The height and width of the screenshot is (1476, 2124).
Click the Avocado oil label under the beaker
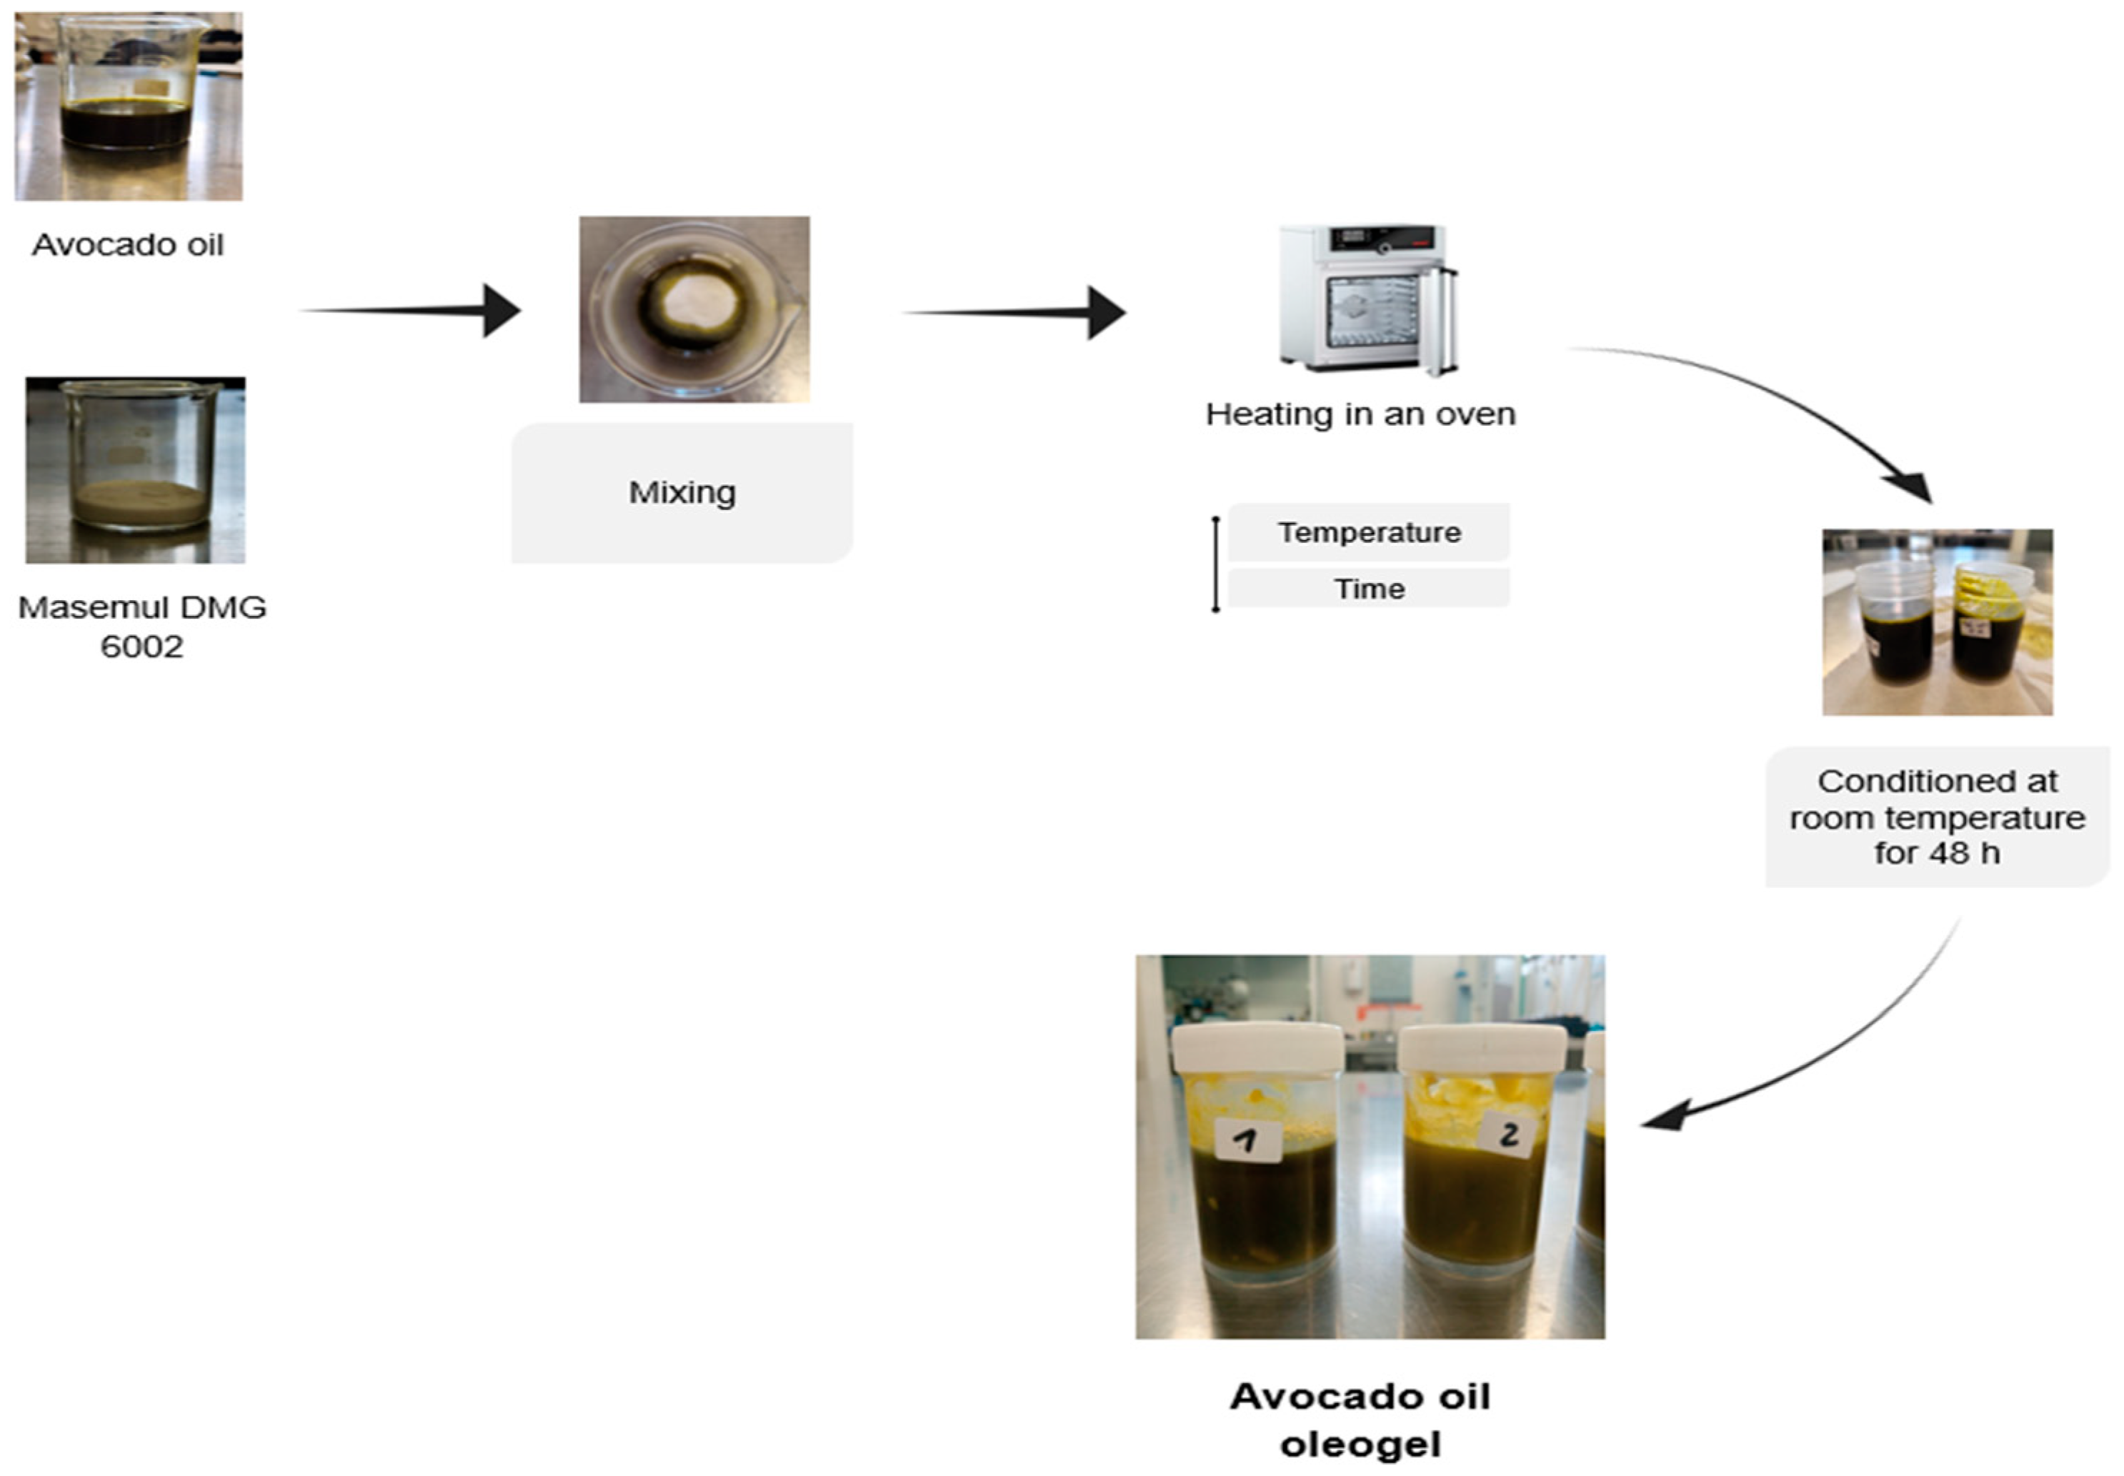[128, 245]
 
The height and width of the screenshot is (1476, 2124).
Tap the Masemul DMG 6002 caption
[141, 626]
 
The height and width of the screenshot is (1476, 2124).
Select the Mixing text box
[682, 492]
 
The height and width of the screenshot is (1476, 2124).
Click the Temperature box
[1369, 533]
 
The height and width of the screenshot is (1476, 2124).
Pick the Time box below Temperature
[1369, 588]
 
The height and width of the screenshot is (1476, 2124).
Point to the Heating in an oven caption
[1360, 414]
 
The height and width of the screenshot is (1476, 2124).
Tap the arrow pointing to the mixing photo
[412, 311]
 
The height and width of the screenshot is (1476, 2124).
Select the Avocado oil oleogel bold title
[1360, 1420]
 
